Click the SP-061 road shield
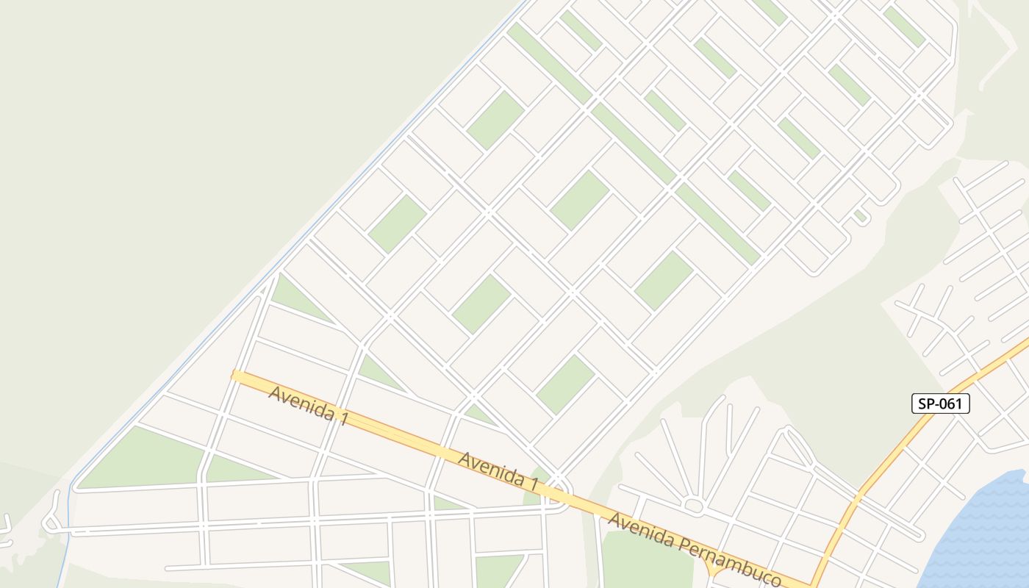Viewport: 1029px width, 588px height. click(x=941, y=403)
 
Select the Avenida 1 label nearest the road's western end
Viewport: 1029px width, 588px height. click(x=307, y=405)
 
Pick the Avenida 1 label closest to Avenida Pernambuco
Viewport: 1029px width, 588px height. click(x=498, y=470)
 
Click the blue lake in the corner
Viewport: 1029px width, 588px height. click(x=985, y=537)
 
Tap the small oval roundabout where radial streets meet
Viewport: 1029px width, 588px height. click(x=693, y=505)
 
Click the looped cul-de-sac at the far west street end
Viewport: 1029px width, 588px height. click(x=51, y=523)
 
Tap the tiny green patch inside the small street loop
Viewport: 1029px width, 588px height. click(x=858, y=215)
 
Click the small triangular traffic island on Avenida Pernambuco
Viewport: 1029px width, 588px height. click(x=712, y=570)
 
